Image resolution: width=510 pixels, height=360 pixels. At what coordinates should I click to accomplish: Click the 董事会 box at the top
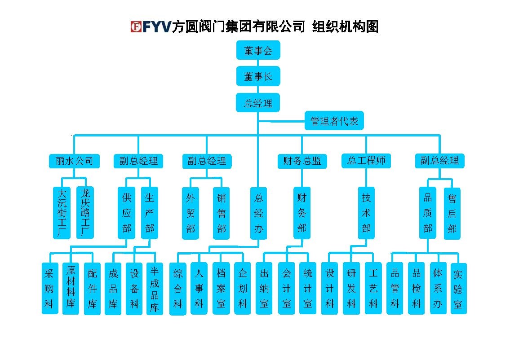[x=258, y=50]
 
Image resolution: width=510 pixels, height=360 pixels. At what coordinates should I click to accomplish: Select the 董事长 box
[x=258, y=76]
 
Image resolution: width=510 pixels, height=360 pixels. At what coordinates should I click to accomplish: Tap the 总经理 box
[x=258, y=103]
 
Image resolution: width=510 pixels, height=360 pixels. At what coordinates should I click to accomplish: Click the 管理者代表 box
[x=334, y=121]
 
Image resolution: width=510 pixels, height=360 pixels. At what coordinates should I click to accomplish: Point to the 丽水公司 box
[x=74, y=161]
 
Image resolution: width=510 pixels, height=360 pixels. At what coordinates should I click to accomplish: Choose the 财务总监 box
[x=302, y=161]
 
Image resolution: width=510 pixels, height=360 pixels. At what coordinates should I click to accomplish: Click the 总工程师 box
[x=366, y=161]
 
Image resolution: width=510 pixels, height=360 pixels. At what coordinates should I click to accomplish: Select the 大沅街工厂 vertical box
[x=62, y=213]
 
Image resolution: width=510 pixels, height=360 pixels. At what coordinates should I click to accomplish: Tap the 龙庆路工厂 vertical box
[x=85, y=212]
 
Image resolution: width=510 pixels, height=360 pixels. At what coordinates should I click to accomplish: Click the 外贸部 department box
[x=191, y=213]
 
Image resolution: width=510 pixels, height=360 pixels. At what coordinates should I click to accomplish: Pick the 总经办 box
[x=258, y=213]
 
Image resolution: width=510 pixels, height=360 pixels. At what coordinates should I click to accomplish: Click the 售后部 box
[x=452, y=214]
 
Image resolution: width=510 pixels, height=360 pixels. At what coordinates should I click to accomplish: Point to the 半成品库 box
[x=155, y=289]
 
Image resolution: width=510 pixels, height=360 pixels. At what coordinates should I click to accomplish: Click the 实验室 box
[x=458, y=289]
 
